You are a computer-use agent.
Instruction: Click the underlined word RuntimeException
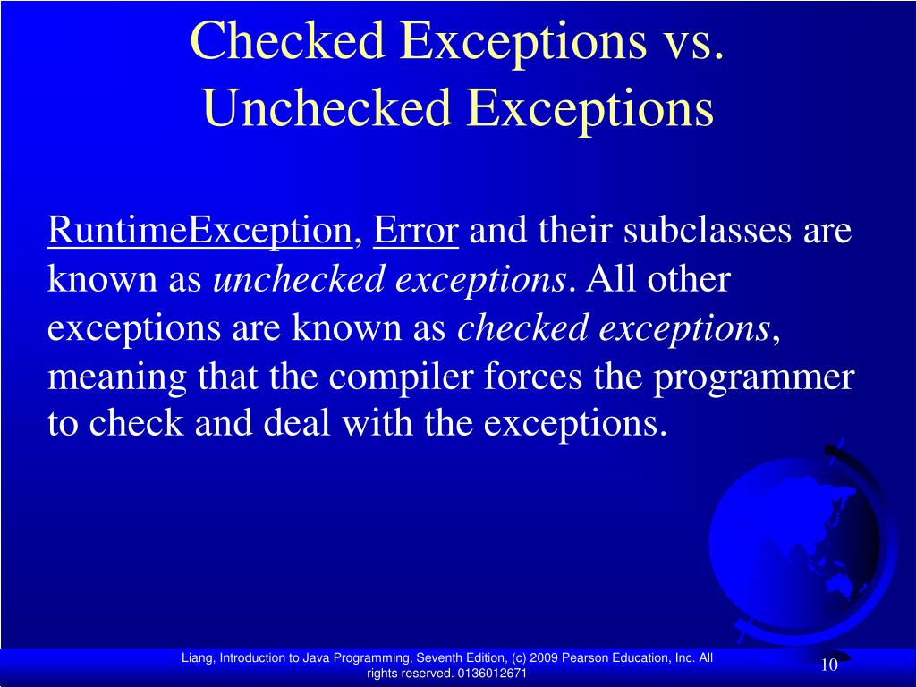point(199,232)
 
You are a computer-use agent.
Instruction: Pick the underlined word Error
point(416,232)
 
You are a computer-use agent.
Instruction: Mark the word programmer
point(754,377)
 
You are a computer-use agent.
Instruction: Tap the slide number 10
point(828,665)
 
